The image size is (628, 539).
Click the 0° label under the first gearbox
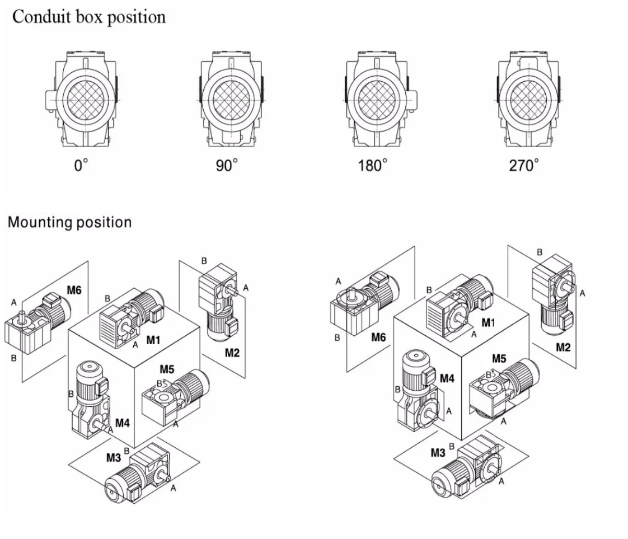click(82, 166)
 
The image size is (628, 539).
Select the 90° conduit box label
click(227, 166)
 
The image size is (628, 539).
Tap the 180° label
click(373, 166)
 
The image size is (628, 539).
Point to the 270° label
click(524, 166)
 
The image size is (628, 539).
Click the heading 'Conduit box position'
click(89, 17)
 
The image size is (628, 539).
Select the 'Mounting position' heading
click(69, 222)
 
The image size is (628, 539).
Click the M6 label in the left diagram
click(74, 290)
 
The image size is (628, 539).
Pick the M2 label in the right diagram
click(564, 347)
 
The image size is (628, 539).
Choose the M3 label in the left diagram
click(114, 458)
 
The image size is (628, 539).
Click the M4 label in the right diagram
click(447, 379)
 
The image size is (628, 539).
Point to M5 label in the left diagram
click(167, 369)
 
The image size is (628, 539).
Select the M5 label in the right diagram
click(499, 358)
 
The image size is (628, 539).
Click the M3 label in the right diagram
click(439, 453)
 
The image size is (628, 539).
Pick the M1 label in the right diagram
click(489, 324)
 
